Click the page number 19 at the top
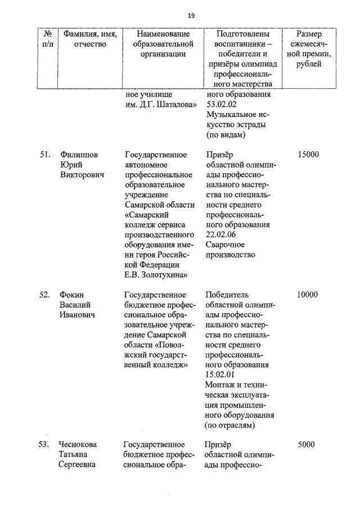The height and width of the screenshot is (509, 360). pos(191,15)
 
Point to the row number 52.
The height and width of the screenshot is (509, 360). pos(46,295)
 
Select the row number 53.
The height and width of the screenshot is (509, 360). pos(46,444)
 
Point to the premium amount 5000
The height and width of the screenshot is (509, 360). pos(307,444)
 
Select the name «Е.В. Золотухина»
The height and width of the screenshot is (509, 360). pos(155,274)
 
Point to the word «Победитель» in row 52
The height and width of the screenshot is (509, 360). pos(227,295)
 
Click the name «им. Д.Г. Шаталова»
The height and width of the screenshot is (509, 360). pos(160,105)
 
